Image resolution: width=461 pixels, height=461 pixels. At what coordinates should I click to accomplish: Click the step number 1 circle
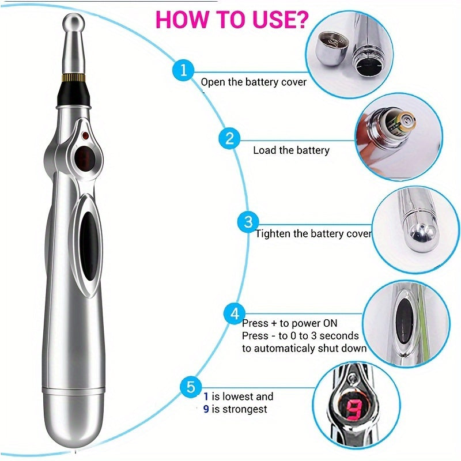(x=183, y=70)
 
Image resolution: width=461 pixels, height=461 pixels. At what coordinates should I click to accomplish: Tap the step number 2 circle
(x=229, y=138)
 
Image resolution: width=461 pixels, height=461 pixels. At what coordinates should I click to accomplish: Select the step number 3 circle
(x=248, y=222)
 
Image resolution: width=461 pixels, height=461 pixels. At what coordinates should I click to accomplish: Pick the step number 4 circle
(x=235, y=313)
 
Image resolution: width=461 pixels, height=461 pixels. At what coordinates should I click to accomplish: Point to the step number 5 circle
(x=191, y=387)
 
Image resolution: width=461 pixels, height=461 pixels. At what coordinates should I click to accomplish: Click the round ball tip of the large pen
(x=74, y=23)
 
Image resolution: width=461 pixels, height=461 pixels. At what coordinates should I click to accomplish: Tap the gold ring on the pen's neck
(x=74, y=78)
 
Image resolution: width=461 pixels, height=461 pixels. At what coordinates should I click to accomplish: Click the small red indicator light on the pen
(x=85, y=135)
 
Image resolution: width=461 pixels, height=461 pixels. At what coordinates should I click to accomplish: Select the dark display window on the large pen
(x=85, y=158)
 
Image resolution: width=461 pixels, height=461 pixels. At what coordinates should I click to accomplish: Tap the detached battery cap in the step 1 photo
(x=333, y=48)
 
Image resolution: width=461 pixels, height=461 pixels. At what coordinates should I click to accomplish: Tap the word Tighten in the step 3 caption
(x=273, y=234)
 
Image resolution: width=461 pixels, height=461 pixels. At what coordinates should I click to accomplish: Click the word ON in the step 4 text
(x=330, y=323)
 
